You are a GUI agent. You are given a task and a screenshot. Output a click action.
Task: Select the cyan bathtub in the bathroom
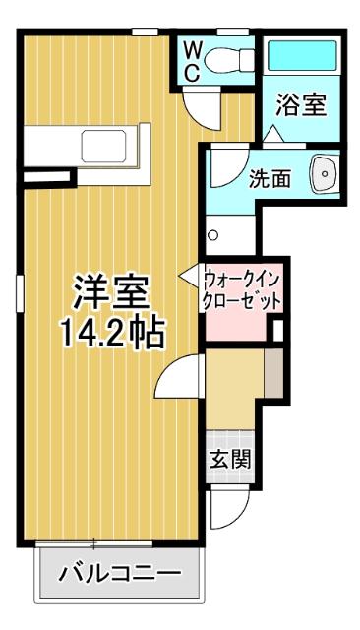point(302,58)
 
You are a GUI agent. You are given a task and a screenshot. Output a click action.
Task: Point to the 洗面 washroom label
point(269,178)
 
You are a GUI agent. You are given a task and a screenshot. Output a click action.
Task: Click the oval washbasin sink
point(323,175)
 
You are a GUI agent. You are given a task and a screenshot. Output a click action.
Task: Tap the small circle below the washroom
point(212,235)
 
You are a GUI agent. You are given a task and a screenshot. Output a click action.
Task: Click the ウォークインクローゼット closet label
point(242,287)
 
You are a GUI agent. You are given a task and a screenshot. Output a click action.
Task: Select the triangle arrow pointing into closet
point(188,279)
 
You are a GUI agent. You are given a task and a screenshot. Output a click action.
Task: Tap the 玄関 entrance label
point(229,458)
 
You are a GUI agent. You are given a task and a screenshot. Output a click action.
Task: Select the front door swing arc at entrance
point(222,510)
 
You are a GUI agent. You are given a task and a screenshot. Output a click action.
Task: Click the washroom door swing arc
point(222,161)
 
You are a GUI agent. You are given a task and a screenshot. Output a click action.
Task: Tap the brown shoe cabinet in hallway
point(274,374)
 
